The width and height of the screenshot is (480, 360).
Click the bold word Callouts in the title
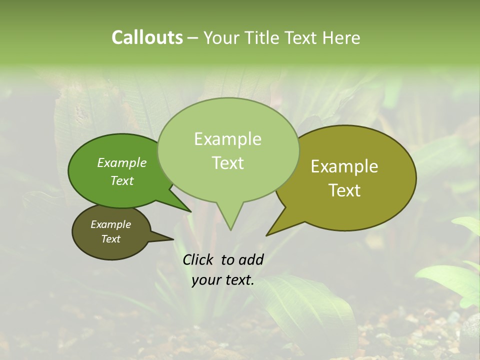[147, 37]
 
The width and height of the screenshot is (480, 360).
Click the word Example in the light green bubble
[227, 139]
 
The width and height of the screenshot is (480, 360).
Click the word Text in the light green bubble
[227, 163]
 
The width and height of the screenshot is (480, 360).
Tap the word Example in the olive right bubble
[344, 166]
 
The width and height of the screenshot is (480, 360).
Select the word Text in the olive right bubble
[345, 190]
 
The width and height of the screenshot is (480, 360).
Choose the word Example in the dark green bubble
[121, 162]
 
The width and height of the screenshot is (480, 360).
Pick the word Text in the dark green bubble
[121, 180]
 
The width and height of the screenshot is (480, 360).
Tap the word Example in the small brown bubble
[110, 224]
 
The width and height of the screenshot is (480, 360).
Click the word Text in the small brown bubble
[110, 239]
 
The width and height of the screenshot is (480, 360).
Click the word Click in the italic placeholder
[198, 259]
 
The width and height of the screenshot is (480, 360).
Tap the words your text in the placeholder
[222, 280]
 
